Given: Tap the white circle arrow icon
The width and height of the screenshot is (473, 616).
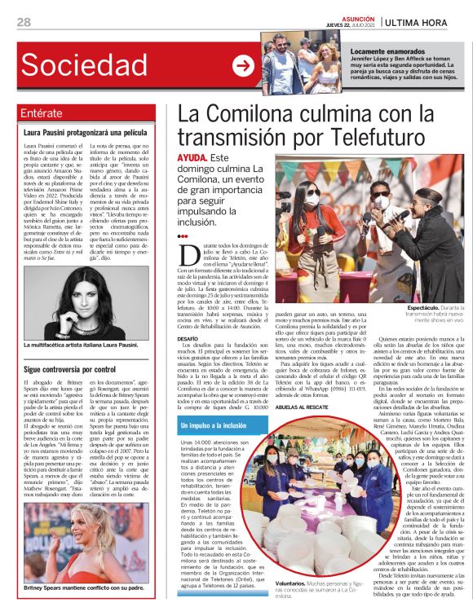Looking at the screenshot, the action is pos(243,65).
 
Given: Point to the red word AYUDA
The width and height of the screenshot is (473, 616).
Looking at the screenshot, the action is pos(192,157).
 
